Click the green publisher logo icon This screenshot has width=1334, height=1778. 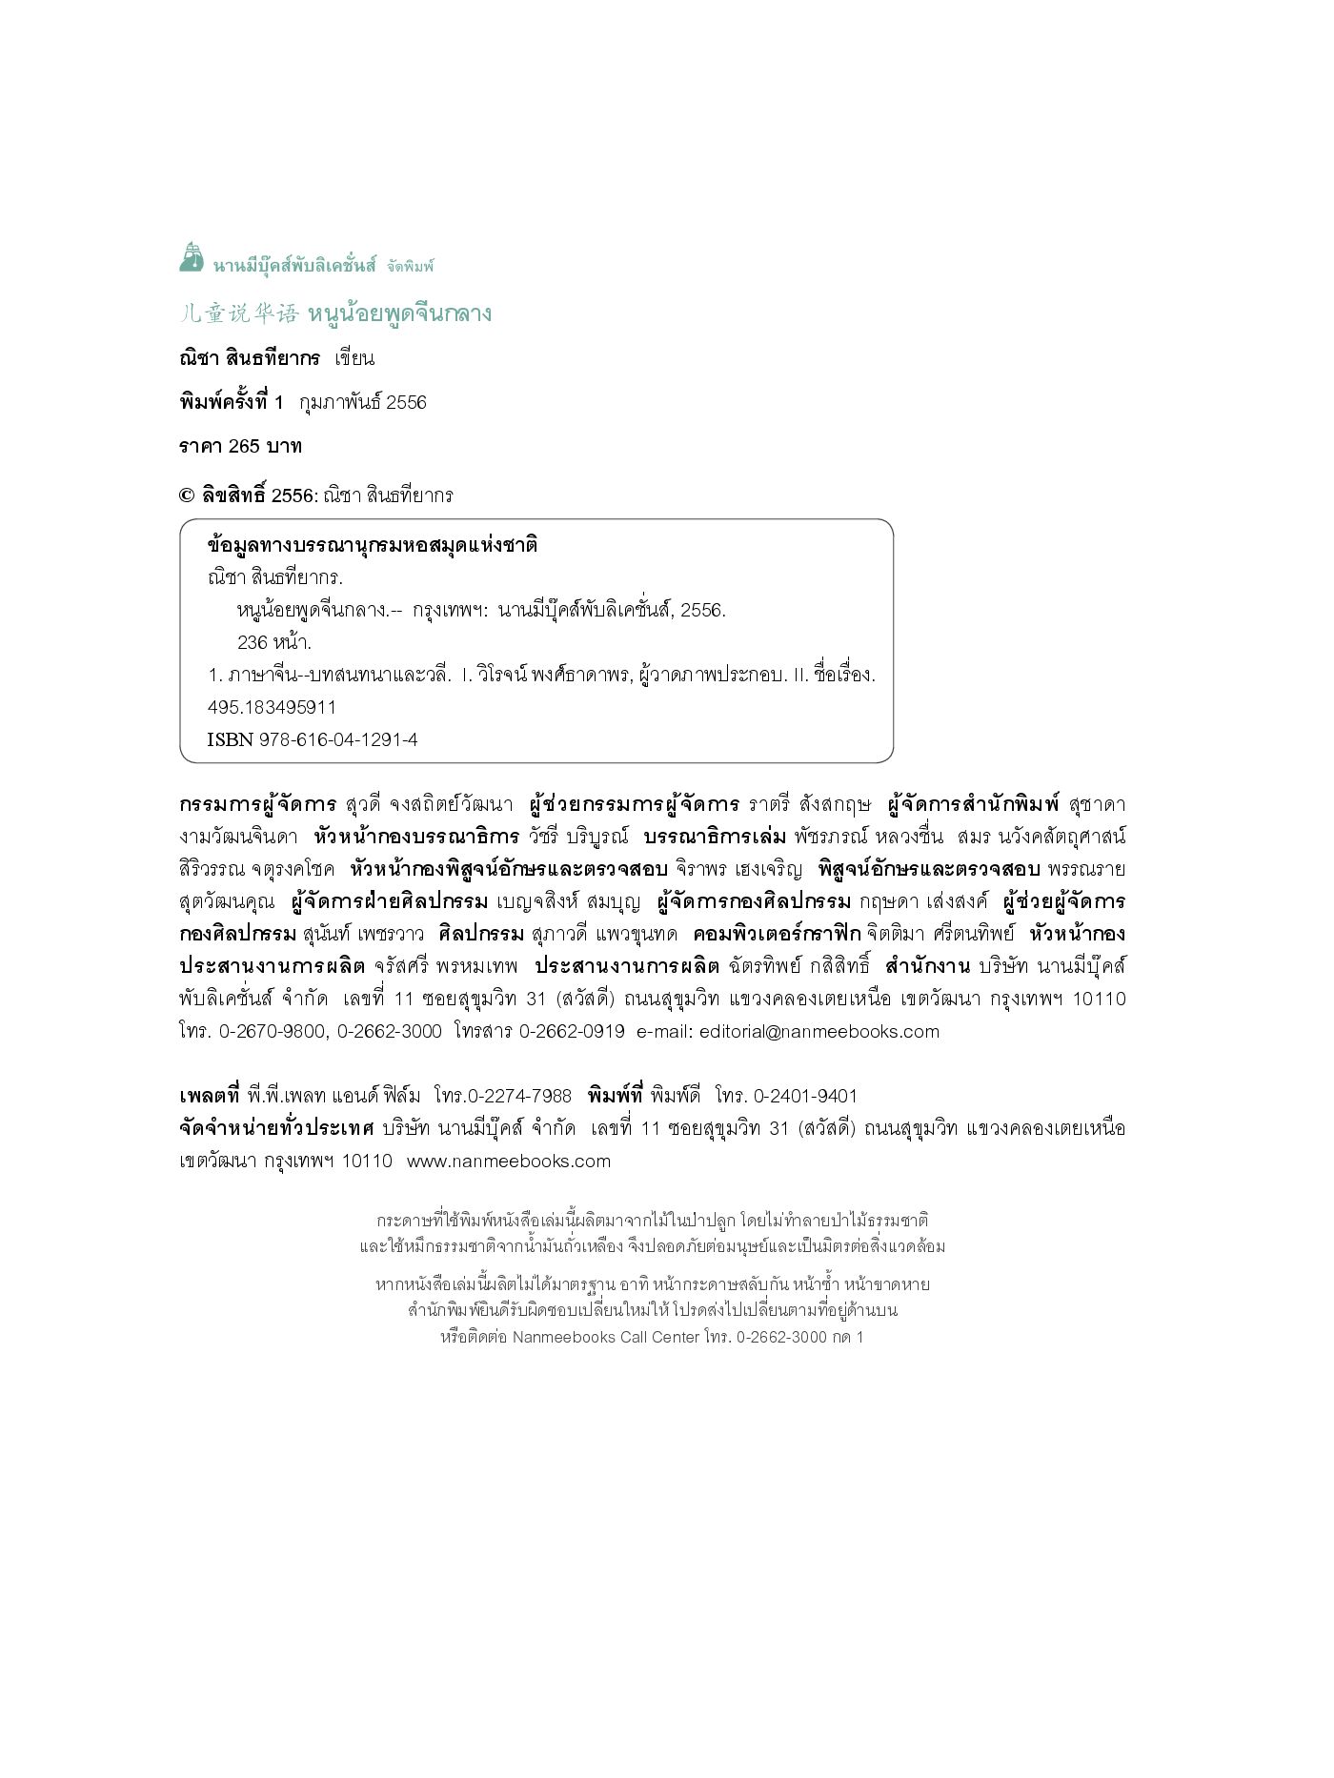192,257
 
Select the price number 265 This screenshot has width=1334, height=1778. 245,446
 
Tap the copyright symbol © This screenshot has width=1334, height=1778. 187,495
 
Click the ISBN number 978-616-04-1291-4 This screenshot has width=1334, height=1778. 338,739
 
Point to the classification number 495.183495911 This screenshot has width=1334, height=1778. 272,707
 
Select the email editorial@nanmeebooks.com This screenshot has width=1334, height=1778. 819,1031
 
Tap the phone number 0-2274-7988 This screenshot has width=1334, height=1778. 519,1096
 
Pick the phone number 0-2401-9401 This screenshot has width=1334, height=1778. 805,1096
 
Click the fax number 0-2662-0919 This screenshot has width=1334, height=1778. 572,1031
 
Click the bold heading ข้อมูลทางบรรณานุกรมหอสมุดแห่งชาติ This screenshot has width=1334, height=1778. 373,545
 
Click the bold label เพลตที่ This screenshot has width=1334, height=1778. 209,1096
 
